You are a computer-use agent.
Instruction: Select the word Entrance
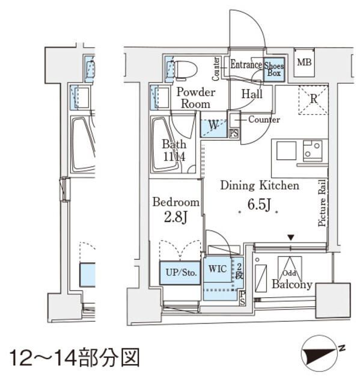tap(246, 64)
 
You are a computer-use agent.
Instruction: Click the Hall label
tap(252, 94)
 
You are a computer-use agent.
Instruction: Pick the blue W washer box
tap(213, 126)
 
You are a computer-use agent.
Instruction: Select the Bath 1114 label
tap(174, 150)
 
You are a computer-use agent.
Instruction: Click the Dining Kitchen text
tap(259, 186)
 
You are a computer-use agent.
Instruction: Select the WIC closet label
tap(218, 269)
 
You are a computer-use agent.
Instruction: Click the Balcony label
tap(292, 285)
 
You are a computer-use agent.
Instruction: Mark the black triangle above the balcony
tap(291, 239)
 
